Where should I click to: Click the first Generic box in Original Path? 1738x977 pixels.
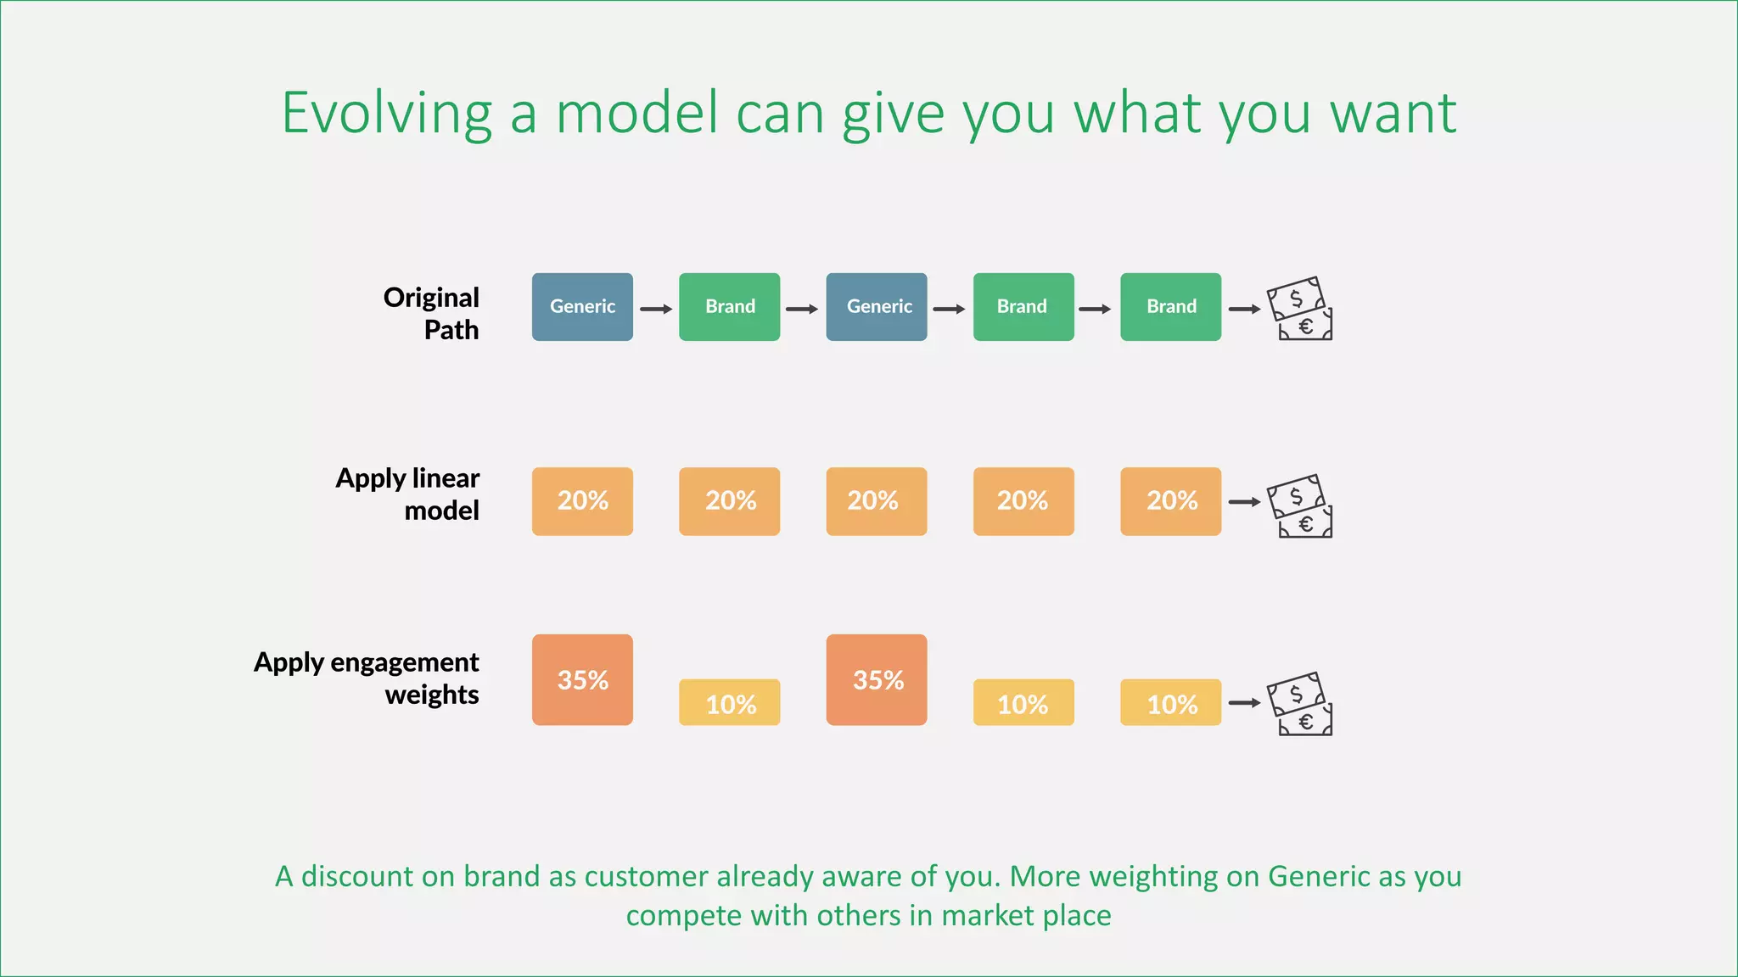582,307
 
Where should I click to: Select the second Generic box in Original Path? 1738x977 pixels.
877,307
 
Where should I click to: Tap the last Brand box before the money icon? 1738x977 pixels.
1170,307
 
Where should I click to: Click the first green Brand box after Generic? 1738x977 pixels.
729,307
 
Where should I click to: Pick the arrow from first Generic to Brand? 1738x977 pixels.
655,310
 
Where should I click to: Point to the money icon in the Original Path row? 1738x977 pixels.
1299,309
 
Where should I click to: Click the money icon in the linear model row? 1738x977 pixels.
1299,506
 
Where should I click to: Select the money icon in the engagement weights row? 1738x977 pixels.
1299,704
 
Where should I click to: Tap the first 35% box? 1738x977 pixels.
582,679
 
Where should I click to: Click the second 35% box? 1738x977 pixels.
877,679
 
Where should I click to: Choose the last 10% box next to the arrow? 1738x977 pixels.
1170,703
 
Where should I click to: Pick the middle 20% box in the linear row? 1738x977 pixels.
877,501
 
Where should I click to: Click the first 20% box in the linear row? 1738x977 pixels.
582,501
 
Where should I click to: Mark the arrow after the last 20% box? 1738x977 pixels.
1244,502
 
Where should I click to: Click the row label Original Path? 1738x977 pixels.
432,313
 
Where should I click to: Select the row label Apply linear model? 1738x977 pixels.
409,494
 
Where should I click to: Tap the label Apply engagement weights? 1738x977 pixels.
367,678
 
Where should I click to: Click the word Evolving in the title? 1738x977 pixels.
386,114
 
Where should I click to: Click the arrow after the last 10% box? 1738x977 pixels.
1244,703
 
